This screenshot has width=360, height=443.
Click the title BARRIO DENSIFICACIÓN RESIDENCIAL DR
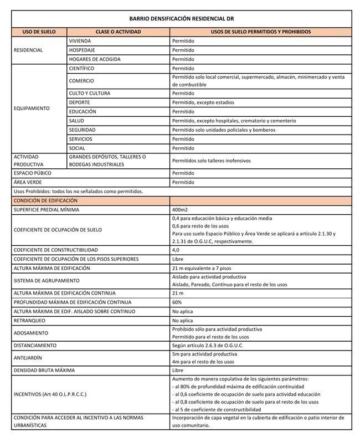point(182,18)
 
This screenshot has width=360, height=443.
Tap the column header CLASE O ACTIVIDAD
point(118,32)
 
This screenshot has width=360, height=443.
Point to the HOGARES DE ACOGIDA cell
point(94,59)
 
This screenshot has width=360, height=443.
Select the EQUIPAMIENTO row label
point(32,108)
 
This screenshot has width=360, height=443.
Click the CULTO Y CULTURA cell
point(89,93)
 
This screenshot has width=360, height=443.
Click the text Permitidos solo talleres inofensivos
point(211,161)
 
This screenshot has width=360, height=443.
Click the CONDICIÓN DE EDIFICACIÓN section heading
point(46,200)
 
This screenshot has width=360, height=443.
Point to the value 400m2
point(181,210)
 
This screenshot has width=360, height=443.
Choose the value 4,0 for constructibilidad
point(177,250)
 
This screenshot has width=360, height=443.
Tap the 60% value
point(177,302)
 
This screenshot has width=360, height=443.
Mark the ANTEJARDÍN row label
point(31,357)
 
